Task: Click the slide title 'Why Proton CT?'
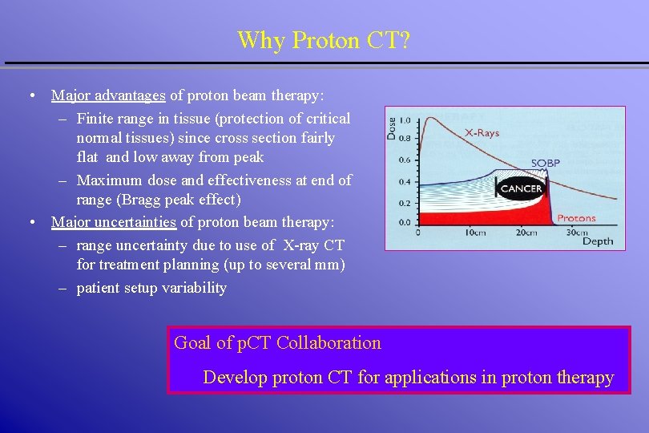[x=324, y=40]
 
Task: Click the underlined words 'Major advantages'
[x=108, y=95]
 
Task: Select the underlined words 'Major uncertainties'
[x=114, y=221]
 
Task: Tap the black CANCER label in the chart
[x=521, y=189]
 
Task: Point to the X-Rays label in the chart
[x=481, y=133]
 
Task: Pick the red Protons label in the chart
[x=576, y=217]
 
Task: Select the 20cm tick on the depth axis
[x=526, y=233]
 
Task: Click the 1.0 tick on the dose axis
[x=406, y=120]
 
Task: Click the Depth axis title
[x=597, y=241]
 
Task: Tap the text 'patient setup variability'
[x=151, y=288]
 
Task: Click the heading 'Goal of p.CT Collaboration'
[x=277, y=343]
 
